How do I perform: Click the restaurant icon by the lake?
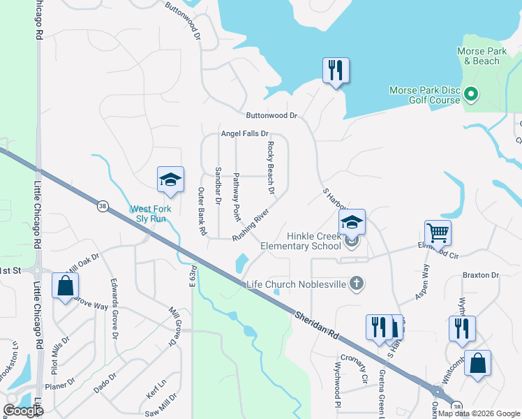[x=336, y=71]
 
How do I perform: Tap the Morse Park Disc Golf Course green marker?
[x=470, y=94]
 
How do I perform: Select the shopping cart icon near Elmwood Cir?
[x=438, y=233]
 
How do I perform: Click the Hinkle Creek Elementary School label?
[x=301, y=241]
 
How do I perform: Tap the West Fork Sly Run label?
[x=158, y=214]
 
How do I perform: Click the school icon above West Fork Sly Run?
[x=170, y=180]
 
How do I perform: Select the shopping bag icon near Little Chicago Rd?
[x=65, y=286]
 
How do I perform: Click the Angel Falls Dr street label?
[x=244, y=133]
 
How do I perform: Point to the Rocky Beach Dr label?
[x=270, y=168]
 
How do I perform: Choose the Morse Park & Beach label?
[x=478, y=56]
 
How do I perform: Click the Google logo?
[x=23, y=410]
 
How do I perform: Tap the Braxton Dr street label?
[x=481, y=275]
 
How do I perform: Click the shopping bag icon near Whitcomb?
[x=477, y=363]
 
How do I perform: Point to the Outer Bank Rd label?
[x=202, y=211]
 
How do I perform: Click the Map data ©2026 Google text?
[x=478, y=413]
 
